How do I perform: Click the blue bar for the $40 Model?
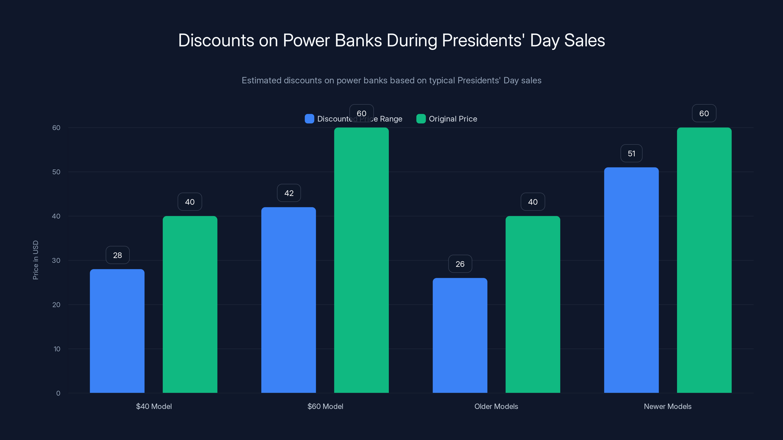pyautogui.click(x=117, y=331)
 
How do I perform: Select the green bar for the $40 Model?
pyautogui.click(x=190, y=304)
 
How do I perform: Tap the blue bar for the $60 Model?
pyautogui.click(x=288, y=300)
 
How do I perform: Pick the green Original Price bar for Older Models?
pyautogui.click(x=532, y=304)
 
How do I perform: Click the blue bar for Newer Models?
pyautogui.click(x=631, y=280)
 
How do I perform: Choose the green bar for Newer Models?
pyautogui.click(x=704, y=260)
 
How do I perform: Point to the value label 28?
pyautogui.click(x=118, y=255)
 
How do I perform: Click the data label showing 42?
pyautogui.click(x=289, y=193)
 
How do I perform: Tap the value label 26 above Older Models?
pyautogui.click(x=460, y=264)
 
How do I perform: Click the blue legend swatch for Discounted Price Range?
pyautogui.click(x=309, y=119)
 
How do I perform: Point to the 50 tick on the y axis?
pyautogui.click(x=56, y=172)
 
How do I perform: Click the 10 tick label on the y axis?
pyautogui.click(x=57, y=349)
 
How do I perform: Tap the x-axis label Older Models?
pyautogui.click(x=496, y=406)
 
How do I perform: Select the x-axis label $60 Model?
pyautogui.click(x=325, y=406)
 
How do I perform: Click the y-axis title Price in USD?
pyautogui.click(x=35, y=260)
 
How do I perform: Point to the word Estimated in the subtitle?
pyautogui.click(x=261, y=80)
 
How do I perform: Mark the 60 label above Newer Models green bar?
pyautogui.click(x=704, y=113)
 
